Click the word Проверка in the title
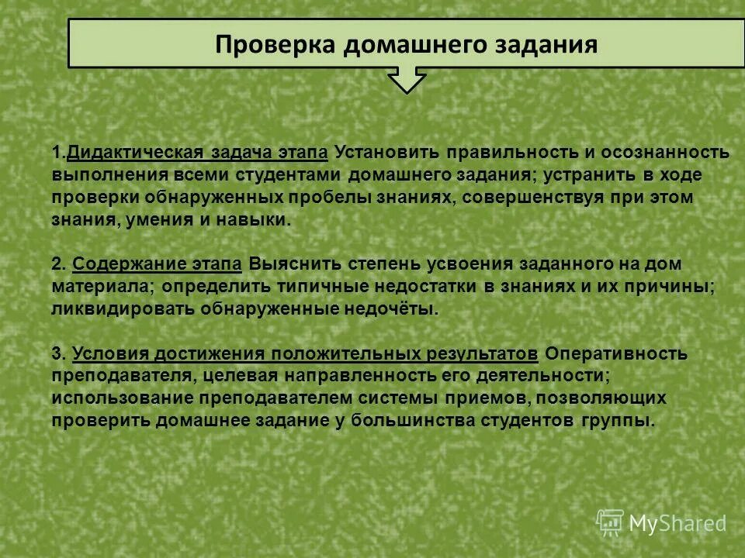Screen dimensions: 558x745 click(275, 43)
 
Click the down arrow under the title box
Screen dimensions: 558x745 click(407, 80)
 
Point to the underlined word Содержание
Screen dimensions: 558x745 click(120, 264)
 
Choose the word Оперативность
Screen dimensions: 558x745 click(616, 354)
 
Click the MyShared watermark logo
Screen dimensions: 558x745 click(662, 522)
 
